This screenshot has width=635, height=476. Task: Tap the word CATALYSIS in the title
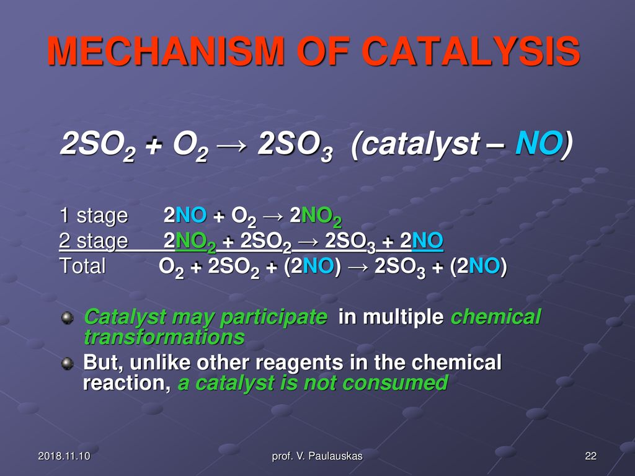[x=471, y=51]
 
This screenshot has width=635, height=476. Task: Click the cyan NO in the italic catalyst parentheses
[x=539, y=143]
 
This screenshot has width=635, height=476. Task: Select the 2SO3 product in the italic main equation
[x=295, y=146]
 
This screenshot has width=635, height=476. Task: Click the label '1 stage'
[x=94, y=215]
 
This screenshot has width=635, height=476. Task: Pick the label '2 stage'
[x=94, y=241]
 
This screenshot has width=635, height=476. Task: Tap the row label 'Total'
[x=82, y=267]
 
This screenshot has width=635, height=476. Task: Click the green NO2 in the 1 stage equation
[x=322, y=218]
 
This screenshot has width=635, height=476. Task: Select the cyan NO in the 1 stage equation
[x=191, y=215]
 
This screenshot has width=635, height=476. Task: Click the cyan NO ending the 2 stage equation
[x=427, y=241]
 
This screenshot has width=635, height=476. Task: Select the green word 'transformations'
[x=164, y=337]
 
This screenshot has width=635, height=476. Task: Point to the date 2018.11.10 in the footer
[x=64, y=456]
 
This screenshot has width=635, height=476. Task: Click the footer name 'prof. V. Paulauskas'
[x=317, y=456]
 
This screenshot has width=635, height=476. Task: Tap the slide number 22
[x=591, y=456]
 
